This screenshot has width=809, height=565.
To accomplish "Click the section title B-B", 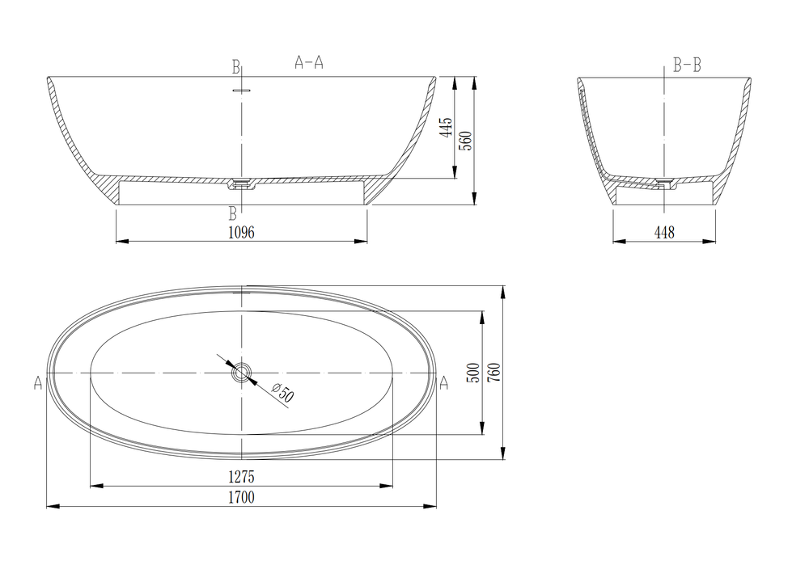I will click(687, 65).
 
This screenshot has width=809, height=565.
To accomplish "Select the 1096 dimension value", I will click(241, 233).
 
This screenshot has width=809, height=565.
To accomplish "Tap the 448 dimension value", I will click(663, 233).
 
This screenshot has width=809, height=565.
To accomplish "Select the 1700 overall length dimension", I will click(241, 498).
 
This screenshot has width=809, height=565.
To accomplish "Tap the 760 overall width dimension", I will click(493, 373).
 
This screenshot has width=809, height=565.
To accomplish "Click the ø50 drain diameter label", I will click(284, 394).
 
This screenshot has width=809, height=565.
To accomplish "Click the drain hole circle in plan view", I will click(242, 373).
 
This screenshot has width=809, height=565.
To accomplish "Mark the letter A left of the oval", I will click(38, 383).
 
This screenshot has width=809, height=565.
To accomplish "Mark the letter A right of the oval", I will click(443, 383).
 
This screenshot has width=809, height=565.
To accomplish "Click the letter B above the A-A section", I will click(235, 65).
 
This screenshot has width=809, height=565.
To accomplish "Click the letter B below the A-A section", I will click(233, 213).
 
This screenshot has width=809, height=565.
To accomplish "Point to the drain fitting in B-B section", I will click(665, 184).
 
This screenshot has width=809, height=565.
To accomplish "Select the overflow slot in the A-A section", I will click(242, 90).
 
